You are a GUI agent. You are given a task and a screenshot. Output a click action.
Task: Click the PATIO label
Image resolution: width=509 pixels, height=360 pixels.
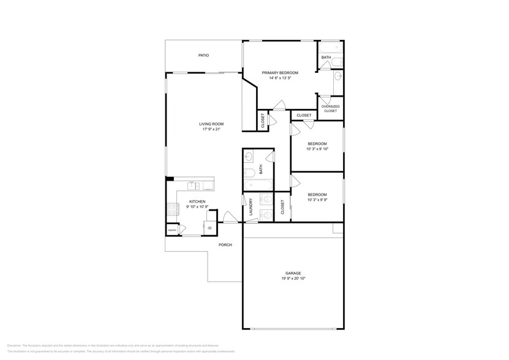pyautogui.click(x=203, y=55)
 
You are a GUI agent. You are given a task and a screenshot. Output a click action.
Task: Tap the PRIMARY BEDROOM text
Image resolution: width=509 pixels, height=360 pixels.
pyautogui.click(x=279, y=72)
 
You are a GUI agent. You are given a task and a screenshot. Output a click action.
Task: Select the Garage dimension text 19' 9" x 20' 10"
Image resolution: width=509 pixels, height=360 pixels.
pyautogui.click(x=293, y=279)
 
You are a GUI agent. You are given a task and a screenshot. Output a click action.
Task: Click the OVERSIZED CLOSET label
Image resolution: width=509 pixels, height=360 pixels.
pyautogui.click(x=330, y=108)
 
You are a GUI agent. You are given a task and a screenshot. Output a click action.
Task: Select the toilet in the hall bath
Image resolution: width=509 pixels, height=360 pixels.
pyautogui.click(x=248, y=172)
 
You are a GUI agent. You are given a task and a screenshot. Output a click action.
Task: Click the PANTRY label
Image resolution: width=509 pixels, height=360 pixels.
pyautogui.click(x=172, y=230)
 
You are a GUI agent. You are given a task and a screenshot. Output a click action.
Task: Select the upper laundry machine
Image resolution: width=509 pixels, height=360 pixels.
pyautogui.click(x=265, y=200)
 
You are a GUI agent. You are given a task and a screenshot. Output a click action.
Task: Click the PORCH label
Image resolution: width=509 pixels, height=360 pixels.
pyautogui.click(x=225, y=245)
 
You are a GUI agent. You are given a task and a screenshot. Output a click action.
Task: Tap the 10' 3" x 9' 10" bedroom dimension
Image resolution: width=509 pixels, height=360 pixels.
pyautogui.click(x=321, y=149)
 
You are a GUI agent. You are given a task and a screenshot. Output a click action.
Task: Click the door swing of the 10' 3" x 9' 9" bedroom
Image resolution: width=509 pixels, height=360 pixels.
pyautogui.click(x=295, y=181)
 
